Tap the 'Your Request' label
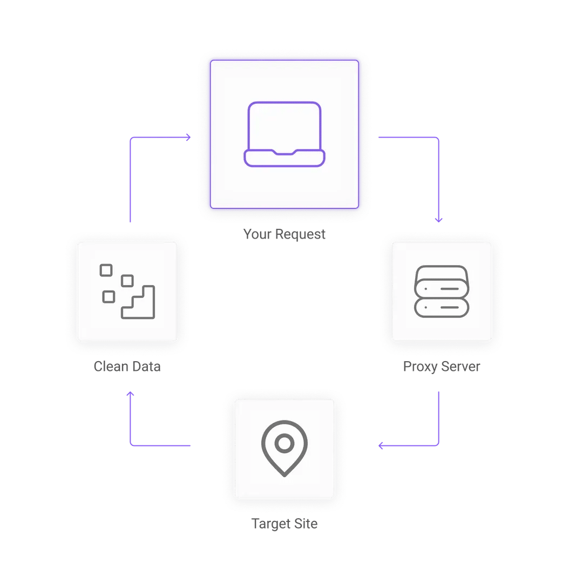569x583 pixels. [284, 234]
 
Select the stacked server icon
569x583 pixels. [442, 291]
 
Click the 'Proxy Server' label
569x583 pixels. [442, 367]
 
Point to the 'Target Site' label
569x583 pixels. [284, 524]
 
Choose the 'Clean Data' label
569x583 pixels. [127, 367]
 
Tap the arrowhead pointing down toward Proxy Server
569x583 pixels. [438, 220]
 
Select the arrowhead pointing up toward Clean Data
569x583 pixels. [130, 395]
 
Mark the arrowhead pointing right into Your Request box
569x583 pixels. [187, 138]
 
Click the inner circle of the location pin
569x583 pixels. [284, 443]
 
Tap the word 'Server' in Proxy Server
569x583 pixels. [460, 367]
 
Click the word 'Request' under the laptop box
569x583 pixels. [301, 234]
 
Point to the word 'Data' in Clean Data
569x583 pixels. [145, 367]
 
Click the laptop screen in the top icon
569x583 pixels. [284, 125]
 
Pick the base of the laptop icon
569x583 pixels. [284, 158]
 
